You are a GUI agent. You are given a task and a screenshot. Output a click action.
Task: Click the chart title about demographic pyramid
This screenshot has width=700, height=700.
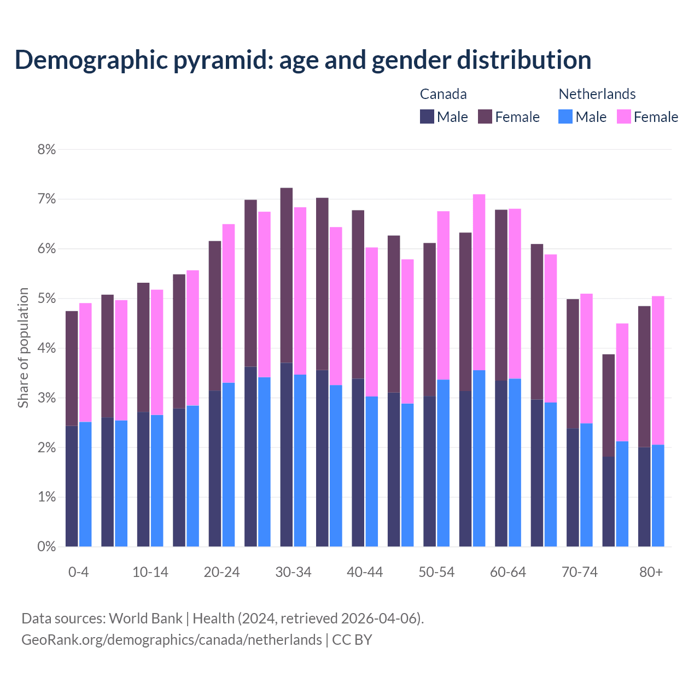click(x=303, y=60)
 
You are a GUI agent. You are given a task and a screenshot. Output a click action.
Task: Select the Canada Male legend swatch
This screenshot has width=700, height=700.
click(x=427, y=116)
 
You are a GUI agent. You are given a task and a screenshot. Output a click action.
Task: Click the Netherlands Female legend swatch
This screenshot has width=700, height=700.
click(x=623, y=116)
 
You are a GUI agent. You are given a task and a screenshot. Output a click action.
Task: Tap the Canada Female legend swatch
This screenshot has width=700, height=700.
click(x=485, y=116)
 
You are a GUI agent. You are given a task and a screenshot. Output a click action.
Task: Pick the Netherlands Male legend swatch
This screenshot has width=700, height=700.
click(x=565, y=116)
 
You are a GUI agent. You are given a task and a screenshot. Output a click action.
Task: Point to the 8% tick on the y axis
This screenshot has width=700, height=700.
click(x=46, y=149)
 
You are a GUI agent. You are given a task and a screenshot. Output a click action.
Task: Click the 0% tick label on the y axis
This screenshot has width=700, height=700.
click(x=46, y=546)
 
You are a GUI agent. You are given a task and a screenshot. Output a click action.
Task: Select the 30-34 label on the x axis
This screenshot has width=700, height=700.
click(x=293, y=572)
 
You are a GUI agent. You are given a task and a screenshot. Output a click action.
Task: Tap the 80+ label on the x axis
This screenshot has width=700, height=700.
click(x=651, y=572)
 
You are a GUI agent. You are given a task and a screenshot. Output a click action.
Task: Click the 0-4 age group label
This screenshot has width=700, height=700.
click(x=78, y=572)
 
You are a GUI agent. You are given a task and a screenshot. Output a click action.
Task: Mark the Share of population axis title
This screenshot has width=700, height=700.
click(x=23, y=348)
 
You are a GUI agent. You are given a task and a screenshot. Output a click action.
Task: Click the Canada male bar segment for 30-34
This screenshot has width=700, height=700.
click(x=286, y=454)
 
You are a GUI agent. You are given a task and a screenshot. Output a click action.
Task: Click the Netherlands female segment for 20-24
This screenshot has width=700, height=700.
click(x=229, y=304)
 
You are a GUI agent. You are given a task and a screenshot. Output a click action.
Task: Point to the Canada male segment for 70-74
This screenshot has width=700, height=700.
click(x=573, y=487)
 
